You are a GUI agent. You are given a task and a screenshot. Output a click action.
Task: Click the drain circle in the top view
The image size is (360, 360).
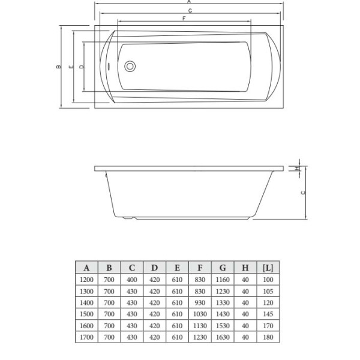(129, 67)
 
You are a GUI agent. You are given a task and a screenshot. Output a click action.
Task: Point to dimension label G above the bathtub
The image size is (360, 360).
(190, 11)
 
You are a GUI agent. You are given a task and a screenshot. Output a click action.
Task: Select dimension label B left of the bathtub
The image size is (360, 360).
(57, 67)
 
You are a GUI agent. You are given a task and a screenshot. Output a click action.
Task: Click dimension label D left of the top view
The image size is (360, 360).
(81, 67)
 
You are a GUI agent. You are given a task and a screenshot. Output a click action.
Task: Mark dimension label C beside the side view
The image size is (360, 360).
(304, 192)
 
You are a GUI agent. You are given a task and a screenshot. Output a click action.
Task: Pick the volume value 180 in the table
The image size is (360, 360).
(268, 337)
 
